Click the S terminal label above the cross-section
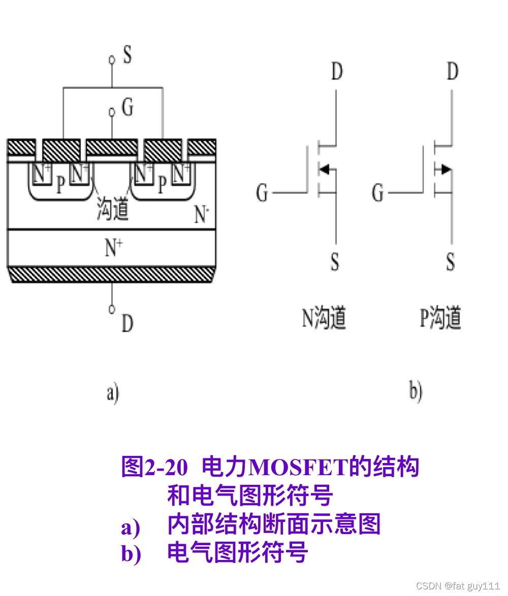coord(127,55)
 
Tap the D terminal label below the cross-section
coord(127,323)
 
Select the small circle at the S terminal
coord(112,60)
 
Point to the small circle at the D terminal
coord(112,308)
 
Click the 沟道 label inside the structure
coord(113,210)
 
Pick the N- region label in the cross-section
coord(202,215)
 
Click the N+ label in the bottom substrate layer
coord(113,248)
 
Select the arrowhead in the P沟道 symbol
coord(446,169)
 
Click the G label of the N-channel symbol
coord(262,193)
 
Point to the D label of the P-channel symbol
coord(452,72)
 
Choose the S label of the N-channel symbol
coord(335,262)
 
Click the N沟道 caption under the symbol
coord(324,318)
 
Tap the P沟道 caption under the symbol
coord(440,318)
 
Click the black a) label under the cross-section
coord(112,393)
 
